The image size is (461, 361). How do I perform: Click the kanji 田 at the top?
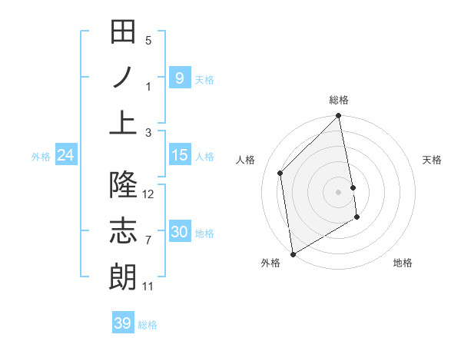123,31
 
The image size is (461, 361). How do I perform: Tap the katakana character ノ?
123,77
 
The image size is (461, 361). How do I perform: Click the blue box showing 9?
179,78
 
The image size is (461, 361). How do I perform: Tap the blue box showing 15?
179,155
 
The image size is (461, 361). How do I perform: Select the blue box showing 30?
179,232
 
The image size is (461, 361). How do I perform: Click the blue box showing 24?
66,155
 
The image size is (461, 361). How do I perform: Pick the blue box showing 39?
123,323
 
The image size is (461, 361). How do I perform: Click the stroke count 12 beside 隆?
148,194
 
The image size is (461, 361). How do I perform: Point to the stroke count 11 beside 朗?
148,286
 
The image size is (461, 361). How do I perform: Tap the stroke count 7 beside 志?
148,240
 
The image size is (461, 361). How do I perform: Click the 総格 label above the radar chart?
339,100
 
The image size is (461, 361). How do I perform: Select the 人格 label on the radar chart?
246,160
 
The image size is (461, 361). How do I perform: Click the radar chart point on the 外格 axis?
293,253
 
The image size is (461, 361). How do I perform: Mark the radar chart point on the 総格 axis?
339,117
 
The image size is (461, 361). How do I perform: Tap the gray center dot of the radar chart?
339,191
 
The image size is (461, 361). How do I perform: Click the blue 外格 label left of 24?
41,157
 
